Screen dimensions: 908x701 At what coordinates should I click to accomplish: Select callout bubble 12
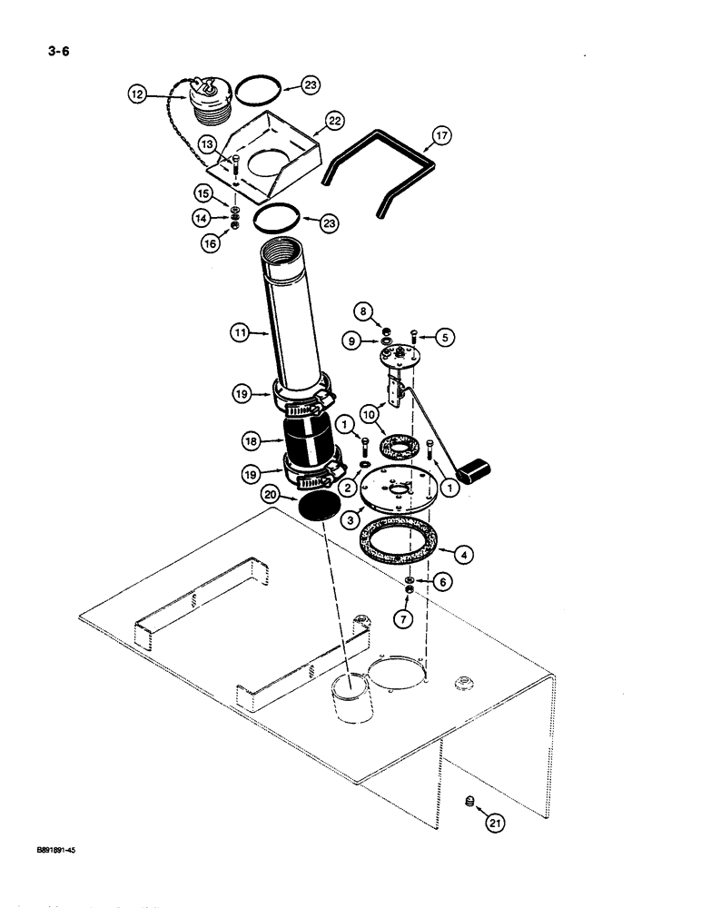coord(137,94)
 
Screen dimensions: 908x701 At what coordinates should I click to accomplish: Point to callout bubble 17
coord(441,137)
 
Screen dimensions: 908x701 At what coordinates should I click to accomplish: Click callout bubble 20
coord(270,495)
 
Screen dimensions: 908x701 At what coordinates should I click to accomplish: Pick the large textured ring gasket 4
coord(396,550)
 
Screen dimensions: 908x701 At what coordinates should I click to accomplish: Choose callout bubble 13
coord(207,146)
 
